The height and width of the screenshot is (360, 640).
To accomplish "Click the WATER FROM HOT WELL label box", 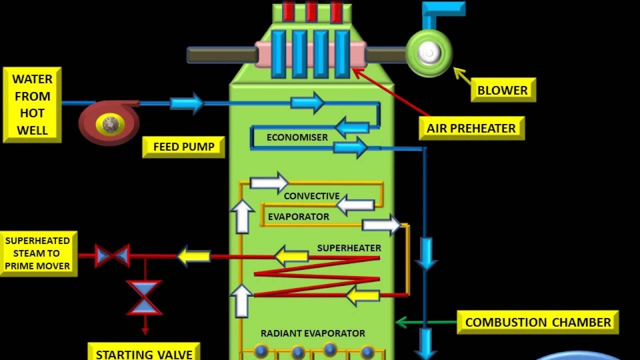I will (32, 105).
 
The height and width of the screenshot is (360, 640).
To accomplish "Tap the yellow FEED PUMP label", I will (183, 147).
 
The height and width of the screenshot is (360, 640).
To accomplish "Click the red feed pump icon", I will (109, 122).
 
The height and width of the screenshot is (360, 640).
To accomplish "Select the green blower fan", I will (429, 52).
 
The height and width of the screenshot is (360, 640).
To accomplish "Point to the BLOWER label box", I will (502, 90).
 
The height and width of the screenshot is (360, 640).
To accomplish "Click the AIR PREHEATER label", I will (471, 128).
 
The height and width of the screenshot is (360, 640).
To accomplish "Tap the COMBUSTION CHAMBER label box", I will (538, 322).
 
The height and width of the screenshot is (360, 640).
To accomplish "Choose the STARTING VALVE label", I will (144, 354).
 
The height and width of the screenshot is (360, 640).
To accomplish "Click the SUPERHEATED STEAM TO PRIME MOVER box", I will (37, 253).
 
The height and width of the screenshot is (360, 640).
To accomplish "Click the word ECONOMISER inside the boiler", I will (297, 137).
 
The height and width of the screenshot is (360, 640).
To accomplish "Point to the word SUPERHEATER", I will (349, 248).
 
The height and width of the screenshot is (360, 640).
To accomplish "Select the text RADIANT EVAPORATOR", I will (312, 333).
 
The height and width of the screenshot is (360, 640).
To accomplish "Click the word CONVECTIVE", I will (311, 196).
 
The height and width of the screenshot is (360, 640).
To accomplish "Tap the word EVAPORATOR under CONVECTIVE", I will (298, 217).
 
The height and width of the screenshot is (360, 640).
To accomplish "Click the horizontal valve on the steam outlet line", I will (112, 255).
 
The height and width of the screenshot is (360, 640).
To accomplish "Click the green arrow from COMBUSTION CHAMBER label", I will (425, 322).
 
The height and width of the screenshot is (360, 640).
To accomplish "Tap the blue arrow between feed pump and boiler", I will (186, 103).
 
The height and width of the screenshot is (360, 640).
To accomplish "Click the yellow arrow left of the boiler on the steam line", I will (193, 256).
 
